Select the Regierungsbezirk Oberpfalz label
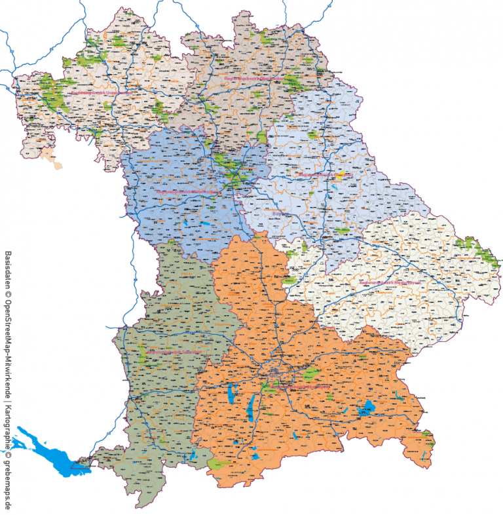point(325,175)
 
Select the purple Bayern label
point(281,213)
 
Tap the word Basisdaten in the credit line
point(9,269)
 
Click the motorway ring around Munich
point(278,377)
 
